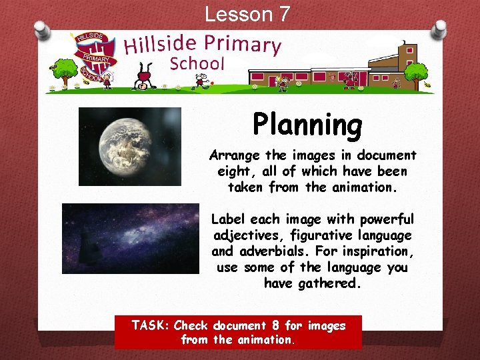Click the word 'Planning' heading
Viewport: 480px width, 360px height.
click(307, 125)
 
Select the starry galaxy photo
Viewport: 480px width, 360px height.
click(131, 238)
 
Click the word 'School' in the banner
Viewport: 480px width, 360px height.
click(197, 64)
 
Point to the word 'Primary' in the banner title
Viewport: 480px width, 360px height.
click(243, 43)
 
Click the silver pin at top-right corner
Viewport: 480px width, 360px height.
click(439, 28)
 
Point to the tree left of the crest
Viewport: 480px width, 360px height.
click(65, 69)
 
